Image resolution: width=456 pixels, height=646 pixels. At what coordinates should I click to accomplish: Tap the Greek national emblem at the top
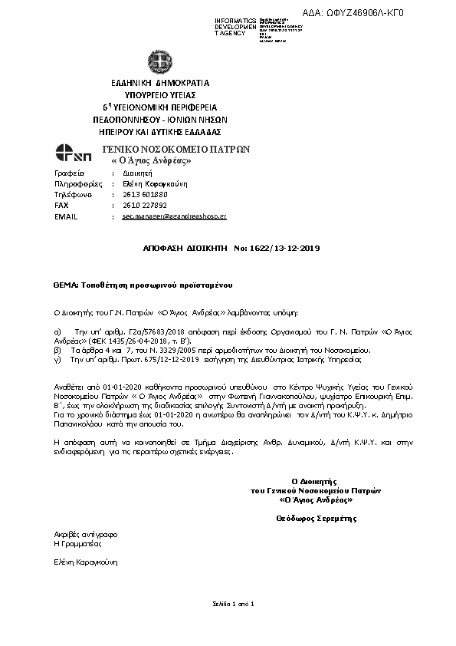click(160, 61)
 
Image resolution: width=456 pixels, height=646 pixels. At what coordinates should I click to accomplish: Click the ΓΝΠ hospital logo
click(74, 153)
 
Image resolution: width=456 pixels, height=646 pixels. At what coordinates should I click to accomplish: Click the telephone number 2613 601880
click(145, 195)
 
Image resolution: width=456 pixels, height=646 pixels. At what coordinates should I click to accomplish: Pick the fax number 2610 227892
click(144, 206)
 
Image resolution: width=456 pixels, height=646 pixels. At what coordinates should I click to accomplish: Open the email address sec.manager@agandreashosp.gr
click(174, 217)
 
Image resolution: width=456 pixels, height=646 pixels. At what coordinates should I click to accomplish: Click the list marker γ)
click(56, 358)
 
